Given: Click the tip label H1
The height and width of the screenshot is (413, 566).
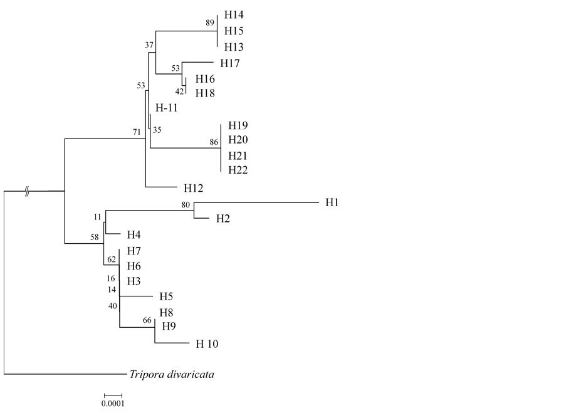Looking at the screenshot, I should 332,203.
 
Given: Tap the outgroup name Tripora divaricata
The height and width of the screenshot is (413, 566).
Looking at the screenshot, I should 172,375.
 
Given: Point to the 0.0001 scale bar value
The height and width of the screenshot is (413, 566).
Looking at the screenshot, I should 113,404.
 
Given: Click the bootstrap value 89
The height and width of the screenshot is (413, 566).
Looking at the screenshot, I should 210,23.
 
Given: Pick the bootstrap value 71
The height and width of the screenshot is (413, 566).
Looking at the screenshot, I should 137,132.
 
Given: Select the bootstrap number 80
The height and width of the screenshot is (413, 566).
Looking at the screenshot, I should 186,204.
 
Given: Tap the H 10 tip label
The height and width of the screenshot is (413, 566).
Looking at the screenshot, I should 207,343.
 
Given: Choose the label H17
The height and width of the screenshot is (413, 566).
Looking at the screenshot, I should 231,63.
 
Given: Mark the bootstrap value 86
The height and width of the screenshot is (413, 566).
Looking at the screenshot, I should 214,143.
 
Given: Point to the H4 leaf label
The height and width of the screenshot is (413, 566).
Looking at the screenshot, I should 134,235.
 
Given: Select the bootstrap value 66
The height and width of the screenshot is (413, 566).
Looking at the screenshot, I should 148,320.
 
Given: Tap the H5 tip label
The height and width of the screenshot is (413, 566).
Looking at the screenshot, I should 165,296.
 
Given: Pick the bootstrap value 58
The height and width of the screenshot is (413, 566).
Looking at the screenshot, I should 95,238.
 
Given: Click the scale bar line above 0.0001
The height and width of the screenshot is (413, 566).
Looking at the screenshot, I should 113,395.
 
